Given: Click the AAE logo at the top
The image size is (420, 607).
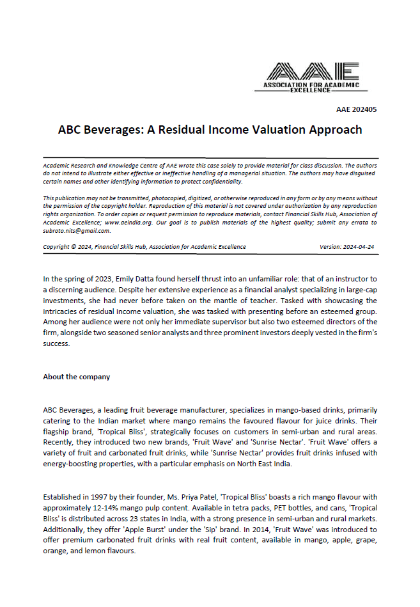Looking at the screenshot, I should point(313,77).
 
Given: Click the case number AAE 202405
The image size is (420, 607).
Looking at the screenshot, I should point(356,109).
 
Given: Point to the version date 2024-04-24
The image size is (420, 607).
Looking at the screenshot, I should point(359,247).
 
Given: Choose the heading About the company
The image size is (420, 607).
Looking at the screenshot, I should point(76,377).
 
